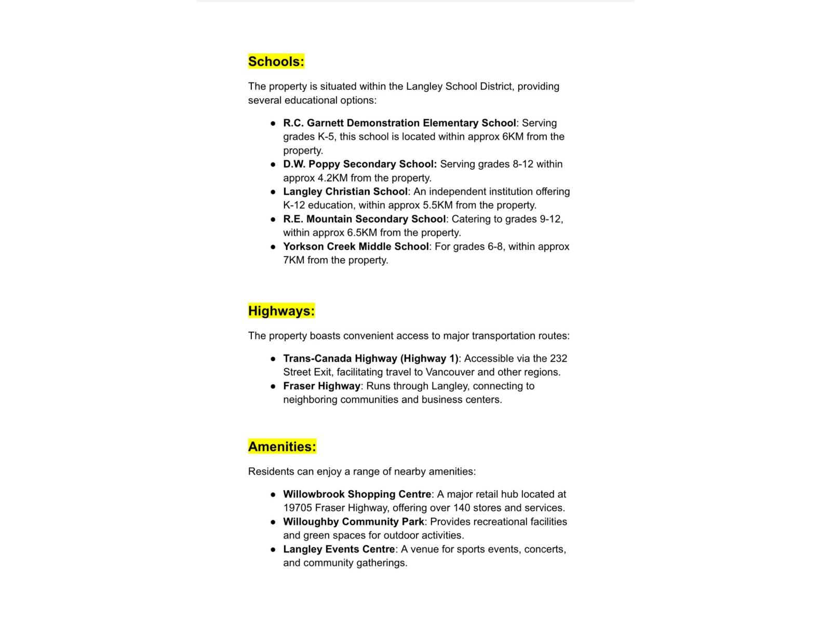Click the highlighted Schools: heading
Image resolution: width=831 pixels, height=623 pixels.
click(276, 61)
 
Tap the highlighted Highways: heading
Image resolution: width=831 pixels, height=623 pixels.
click(281, 311)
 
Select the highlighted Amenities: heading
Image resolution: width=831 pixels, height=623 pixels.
click(282, 446)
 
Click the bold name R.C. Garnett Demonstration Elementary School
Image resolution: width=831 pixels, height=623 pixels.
click(399, 123)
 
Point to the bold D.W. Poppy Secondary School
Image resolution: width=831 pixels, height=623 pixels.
click(359, 164)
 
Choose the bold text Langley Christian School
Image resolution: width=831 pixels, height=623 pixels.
click(345, 192)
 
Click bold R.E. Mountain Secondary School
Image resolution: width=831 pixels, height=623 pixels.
click(364, 219)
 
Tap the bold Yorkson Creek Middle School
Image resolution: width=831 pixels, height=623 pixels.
click(356, 247)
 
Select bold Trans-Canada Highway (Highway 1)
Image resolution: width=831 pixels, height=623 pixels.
click(370, 359)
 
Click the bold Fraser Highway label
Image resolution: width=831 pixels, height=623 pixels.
click(321, 386)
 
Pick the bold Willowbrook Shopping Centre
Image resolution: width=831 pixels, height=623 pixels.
click(357, 494)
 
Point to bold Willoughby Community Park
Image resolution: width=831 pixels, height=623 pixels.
click(353, 522)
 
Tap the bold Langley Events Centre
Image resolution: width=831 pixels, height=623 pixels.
click(339, 549)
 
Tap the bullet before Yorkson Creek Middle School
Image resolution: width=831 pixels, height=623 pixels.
click(273, 247)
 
